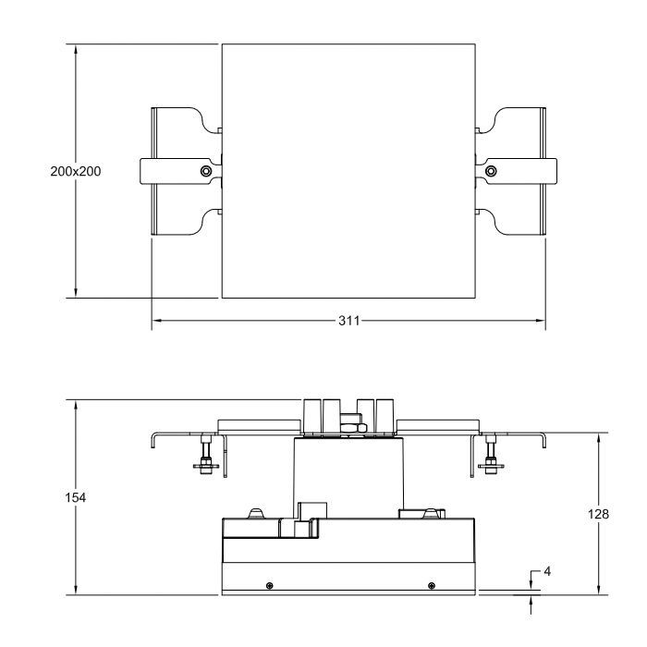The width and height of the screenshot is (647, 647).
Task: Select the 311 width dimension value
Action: [349, 321]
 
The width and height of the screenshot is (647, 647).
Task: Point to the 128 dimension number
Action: [598, 514]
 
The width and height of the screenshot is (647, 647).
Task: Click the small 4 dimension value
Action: [546, 571]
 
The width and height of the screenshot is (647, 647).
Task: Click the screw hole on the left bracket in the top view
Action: [206, 170]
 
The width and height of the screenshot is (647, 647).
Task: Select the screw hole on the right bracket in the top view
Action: [490, 170]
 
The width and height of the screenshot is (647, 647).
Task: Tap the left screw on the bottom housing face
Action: [268, 584]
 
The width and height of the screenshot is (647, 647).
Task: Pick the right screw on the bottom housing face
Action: [432, 584]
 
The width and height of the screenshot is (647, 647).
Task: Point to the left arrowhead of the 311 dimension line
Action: [156, 321]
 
